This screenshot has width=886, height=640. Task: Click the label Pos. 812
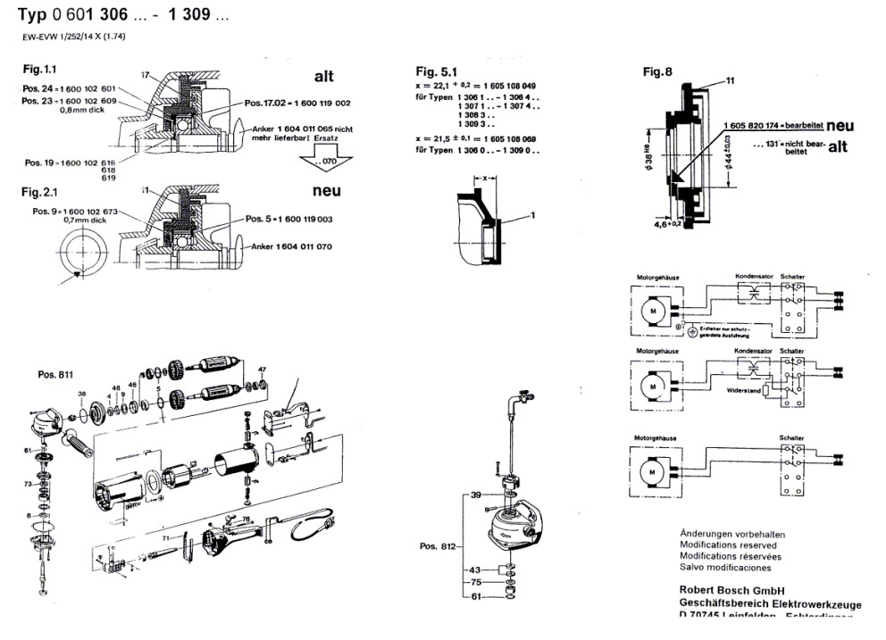coord(439,546)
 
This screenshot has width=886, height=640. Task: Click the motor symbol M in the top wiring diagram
coord(652,309)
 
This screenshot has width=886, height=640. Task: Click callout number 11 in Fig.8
coord(730,80)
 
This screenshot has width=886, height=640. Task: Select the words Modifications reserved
coord(728,544)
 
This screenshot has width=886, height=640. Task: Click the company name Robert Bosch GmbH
coord(731,589)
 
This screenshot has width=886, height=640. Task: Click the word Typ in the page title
coord(32,18)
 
